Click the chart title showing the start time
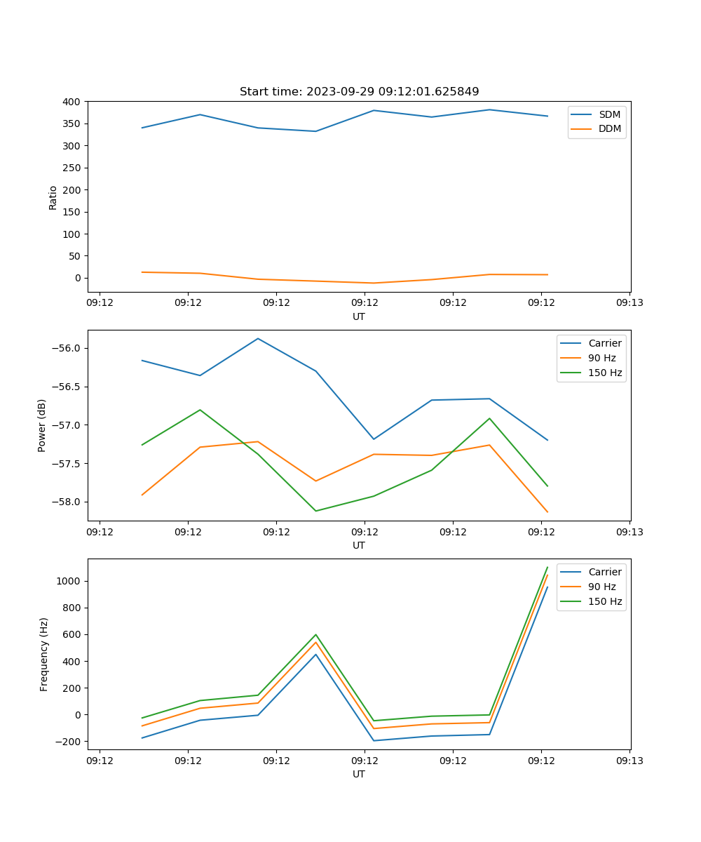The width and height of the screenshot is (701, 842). pos(359,92)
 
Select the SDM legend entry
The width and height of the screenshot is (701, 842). pos(609,114)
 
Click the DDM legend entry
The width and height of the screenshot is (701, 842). pos(609,128)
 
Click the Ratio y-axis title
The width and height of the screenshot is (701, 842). pos(53,197)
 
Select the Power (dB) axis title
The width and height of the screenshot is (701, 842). pos(42,425)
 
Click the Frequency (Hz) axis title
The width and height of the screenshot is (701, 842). pos(44,654)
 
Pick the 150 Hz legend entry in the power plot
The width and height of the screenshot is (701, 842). pos(605,373)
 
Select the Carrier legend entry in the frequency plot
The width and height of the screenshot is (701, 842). pos(604,572)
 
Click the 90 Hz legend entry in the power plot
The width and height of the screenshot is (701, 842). pos(601,358)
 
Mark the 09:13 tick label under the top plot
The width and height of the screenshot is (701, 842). pos(629,303)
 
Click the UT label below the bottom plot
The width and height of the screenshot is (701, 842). pos(359,774)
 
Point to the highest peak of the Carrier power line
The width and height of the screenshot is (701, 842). pos(258,338)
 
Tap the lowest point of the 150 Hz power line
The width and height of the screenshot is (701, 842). pos(315,511)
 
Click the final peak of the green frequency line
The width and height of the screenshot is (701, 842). pos(547,567)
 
